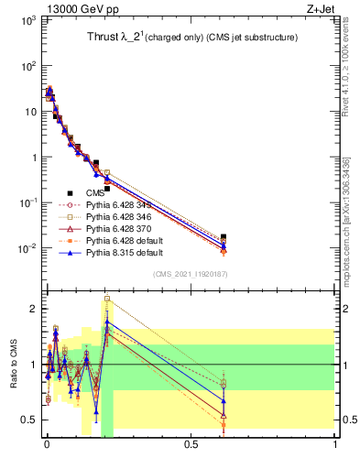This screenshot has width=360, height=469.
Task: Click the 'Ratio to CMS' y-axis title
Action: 13,364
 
